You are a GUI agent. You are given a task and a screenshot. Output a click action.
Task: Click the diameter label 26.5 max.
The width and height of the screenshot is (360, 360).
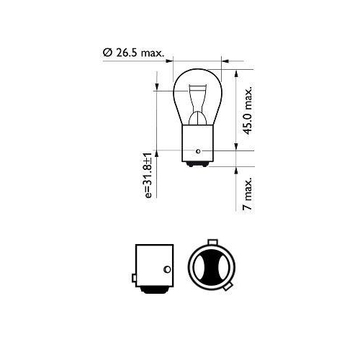click(142, 53)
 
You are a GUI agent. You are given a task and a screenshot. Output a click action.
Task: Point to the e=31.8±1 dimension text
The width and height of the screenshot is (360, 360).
click(149, 175)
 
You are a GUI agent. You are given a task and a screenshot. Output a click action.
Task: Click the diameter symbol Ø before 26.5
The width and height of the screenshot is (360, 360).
click(107, 53)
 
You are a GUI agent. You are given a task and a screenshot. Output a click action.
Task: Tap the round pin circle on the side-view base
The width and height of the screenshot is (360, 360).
click(166, 270)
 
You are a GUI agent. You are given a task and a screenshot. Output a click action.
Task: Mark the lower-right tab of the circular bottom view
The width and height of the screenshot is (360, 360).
click(228, 288)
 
